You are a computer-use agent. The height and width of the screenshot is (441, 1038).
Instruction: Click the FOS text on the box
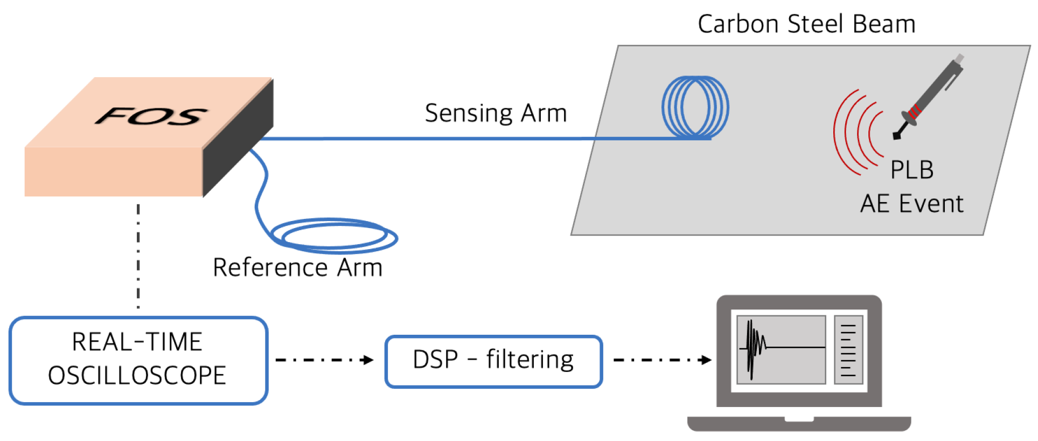click(x=151, y=116)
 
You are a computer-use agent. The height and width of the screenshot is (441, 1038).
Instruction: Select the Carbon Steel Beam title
click(x=806, y=24)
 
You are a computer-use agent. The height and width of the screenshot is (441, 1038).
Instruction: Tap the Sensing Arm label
click(x=496, y=113)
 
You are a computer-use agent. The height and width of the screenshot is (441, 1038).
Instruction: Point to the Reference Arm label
click(x=297, y=267)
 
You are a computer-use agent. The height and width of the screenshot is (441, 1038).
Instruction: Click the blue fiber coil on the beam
click(x=695, y=107)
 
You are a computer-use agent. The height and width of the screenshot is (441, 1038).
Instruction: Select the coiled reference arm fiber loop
click(x=334, y=236)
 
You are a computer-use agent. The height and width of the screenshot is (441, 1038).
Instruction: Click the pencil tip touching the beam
click(x=897, y=135)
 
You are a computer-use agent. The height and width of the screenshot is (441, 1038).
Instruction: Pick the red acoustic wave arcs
click(x=856, y=133)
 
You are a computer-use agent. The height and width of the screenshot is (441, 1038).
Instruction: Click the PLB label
click(x=912, y=170)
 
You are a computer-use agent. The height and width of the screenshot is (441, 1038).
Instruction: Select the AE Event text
click(x=911, y=204)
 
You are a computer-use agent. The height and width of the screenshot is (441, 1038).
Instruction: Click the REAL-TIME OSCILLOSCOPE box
click(x=138, y=360)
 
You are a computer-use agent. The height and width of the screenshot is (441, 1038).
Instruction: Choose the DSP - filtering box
click(x=493, y=361)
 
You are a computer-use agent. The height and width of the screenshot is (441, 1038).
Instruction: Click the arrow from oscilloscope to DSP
click(x=325, y=360)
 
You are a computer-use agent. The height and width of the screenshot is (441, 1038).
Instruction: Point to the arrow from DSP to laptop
click(x=663, y=360)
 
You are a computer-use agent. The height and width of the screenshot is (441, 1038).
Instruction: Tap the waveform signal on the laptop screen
click(x=754, y=345)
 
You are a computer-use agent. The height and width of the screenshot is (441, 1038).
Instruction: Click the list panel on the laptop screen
click(x=848, y=349)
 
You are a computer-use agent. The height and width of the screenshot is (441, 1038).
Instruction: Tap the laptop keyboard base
click(x=799, y=423)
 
